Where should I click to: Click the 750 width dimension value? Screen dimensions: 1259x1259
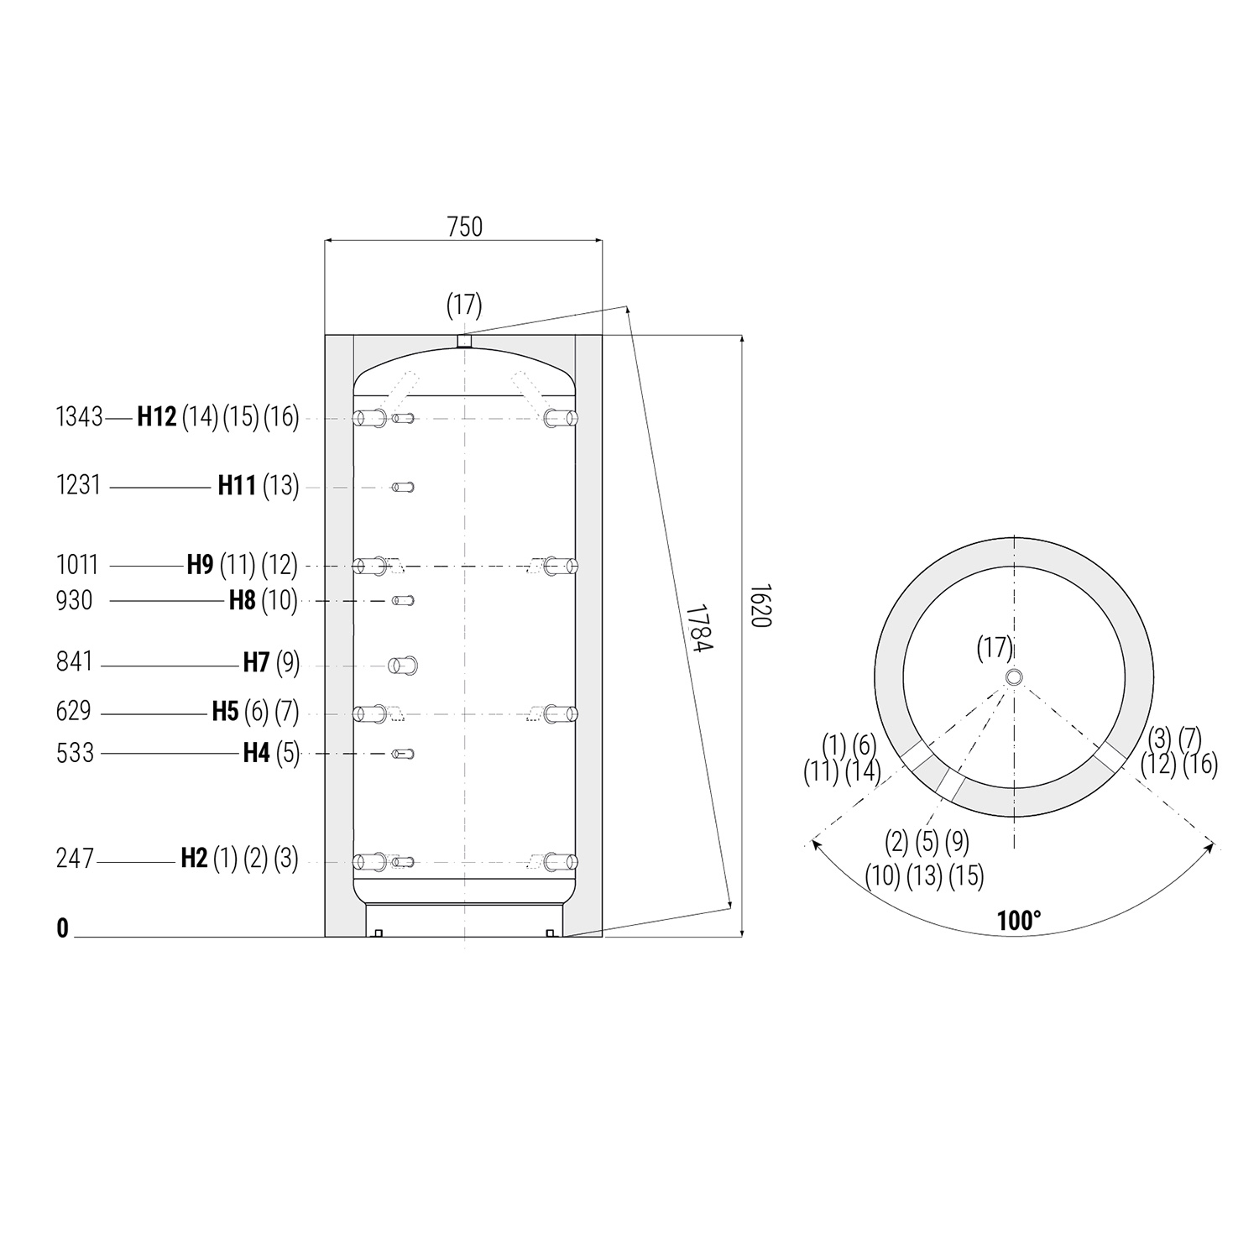464,227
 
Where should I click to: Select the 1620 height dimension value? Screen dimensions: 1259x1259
759,606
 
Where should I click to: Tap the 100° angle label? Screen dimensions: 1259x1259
1018,921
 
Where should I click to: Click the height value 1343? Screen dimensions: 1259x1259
79,417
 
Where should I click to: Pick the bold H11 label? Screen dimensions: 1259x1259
237,486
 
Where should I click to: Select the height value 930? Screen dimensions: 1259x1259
74,601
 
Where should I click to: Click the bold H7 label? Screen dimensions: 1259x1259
256,663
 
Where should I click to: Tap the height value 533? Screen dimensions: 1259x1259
75,754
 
